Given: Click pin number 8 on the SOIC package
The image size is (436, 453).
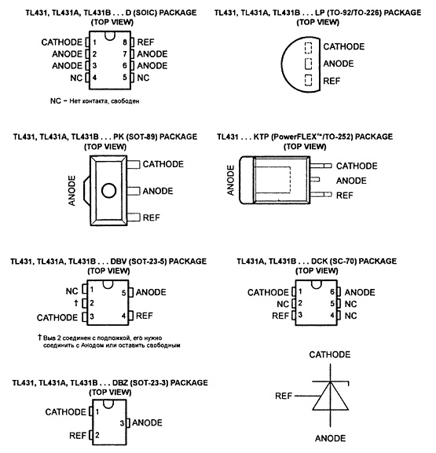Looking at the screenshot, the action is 125,42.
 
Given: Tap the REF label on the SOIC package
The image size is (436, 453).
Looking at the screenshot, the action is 145,42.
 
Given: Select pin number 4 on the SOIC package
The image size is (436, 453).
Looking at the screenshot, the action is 94,78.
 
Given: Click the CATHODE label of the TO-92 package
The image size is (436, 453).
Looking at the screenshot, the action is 344,46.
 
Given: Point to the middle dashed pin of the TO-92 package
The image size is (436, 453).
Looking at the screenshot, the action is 309,64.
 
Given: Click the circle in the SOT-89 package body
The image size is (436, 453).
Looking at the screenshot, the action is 109,191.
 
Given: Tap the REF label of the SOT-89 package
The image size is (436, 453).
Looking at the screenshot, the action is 151,217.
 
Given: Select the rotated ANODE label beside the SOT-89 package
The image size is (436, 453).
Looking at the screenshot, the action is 71,191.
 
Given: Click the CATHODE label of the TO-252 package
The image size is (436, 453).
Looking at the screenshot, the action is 357,166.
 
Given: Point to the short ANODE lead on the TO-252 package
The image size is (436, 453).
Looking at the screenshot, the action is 315,180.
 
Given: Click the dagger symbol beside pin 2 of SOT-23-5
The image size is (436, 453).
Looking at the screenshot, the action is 76,303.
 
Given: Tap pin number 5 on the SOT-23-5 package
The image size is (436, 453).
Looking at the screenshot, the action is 124,293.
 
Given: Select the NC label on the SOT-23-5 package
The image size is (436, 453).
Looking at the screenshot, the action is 72,291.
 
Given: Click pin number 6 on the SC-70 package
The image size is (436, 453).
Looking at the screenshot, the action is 332,292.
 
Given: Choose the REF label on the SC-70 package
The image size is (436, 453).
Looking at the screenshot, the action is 280,316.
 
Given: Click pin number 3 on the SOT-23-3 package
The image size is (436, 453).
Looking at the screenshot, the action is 122,423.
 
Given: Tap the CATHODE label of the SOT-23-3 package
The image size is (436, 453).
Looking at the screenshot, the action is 66,411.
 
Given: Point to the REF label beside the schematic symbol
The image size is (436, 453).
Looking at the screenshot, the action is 284,396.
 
